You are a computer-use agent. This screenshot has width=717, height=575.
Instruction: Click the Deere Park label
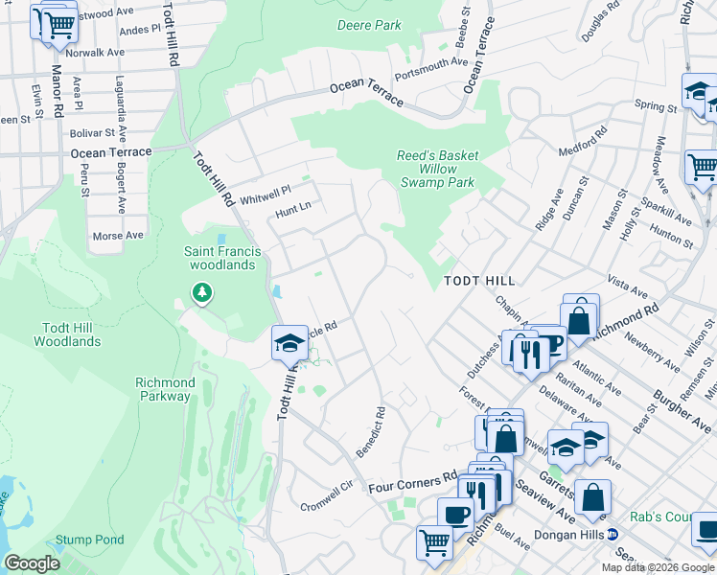point(369,25)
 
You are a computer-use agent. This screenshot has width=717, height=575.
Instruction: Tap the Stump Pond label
point(89,540)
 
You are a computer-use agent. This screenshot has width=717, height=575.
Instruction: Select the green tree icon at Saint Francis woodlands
point(201,291)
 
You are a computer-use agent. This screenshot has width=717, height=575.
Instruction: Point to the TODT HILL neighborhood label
point(479,281)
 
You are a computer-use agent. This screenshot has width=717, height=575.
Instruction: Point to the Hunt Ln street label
point(294,206)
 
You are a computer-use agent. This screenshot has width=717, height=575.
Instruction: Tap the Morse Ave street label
point(118,235)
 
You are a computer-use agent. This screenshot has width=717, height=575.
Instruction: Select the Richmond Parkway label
point(166,389)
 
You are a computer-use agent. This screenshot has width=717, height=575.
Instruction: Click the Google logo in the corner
point(32,563)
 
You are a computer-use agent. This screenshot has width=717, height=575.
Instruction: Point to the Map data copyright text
point(658,567)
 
